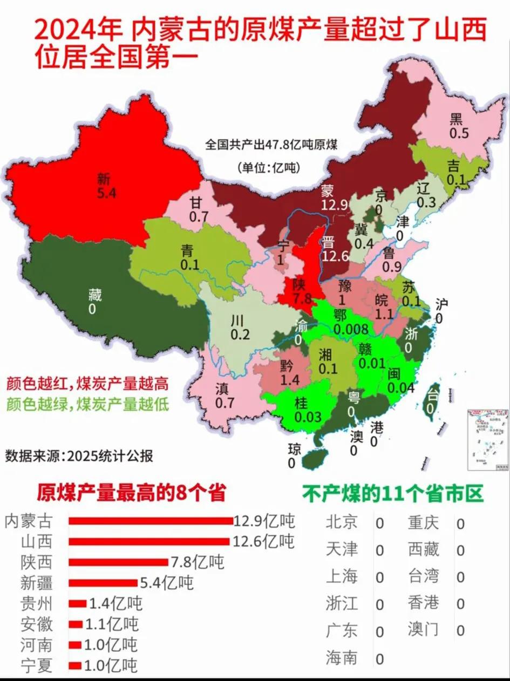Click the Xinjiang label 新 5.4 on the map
(106, 184)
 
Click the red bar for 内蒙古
(151, 521)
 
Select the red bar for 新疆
(103, 583)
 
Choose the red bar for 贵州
(78, 603)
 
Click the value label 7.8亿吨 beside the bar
(197, 562)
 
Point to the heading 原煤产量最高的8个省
(131, 493)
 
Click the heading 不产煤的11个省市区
(392, 493)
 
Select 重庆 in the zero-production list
(423, 523)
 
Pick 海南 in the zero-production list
(342, 658)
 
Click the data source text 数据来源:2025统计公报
(79, 456)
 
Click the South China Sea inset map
(487, 440)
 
